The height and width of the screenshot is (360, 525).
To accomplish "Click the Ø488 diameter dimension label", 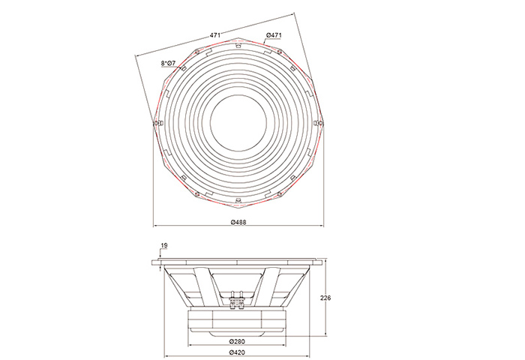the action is coord(238,222).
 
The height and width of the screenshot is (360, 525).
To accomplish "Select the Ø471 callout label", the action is coord(274,34).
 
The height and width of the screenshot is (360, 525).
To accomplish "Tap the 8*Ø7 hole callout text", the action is coord(168,63).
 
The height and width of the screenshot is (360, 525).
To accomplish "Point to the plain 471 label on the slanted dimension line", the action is coord(214,34).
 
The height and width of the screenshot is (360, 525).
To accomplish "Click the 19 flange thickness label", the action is coord(164,245).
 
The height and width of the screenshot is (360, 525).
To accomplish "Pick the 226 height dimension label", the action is coord(325,298).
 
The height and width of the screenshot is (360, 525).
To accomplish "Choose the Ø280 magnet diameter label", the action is coord(237,341).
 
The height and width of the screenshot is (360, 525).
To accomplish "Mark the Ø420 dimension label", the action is coord(237,352).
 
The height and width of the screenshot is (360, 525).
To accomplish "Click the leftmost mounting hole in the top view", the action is coord(155,124).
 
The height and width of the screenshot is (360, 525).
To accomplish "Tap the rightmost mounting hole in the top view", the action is coord(321,124).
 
